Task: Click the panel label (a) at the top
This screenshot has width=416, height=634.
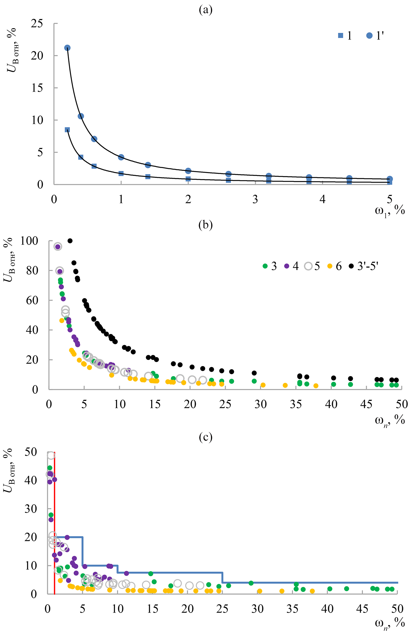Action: tap(206, 10)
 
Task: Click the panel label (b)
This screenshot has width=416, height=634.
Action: tap(206, 225)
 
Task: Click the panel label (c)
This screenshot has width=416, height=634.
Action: tap(206, 437)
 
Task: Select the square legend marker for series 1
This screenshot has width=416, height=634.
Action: tap(341, 36)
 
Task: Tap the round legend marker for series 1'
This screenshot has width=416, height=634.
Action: tap(369, 36)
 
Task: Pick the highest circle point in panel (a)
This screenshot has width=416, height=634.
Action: tap(67, 48)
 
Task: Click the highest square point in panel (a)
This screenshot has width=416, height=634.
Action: tap(67, 130)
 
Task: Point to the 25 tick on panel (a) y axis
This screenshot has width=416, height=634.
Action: tap(37, 24)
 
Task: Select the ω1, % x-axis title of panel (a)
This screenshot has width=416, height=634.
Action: tap(390, 211)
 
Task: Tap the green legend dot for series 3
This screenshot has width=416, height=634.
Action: tap(265, 266)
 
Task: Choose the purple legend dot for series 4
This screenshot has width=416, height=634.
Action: tap(286, 266)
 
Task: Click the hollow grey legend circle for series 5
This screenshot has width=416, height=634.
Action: tap(308, 266)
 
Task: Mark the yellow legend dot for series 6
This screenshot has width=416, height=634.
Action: tap(330, 266)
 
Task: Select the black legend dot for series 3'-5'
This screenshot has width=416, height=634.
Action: tap(351, 266)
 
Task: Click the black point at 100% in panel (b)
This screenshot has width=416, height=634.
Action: tap(70, 241)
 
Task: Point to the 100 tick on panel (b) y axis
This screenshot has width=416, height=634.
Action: tap(29, 241)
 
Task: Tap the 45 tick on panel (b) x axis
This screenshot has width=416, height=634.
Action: tap(366, 404)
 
